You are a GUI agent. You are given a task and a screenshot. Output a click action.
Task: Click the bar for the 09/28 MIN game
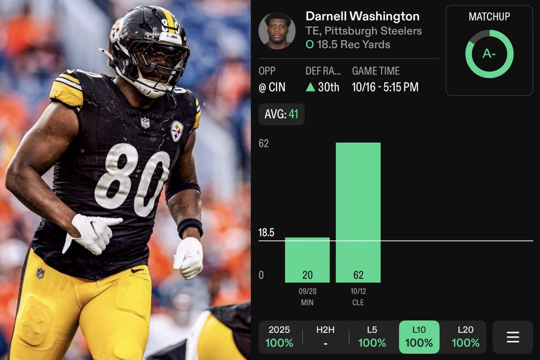click(x=307, y=260)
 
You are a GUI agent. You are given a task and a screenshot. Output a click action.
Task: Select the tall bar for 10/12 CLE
click(x=358, y=212)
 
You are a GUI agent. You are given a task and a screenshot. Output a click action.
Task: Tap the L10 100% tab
click(x=419, y=337)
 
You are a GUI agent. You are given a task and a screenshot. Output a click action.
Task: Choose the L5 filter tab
click(x=372, y=337)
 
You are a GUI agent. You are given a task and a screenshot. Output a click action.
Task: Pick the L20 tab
click(x=465, y=337)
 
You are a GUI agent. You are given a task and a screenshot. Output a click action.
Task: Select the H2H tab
click(x=325, y=337)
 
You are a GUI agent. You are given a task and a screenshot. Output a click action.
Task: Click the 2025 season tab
click(x=279, y=337)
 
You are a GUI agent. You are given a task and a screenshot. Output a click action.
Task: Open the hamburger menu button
click(x=513, y=337)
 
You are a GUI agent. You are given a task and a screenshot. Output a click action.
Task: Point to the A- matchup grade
click(x=489, y=54)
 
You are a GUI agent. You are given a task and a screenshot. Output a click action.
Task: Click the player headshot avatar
click(x=277, y=31)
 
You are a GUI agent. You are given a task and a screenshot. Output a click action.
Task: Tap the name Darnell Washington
click(x=363, y=16)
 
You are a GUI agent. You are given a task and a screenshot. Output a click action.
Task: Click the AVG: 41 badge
click(x=281, y=114)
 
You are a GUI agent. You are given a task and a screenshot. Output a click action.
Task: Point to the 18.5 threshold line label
click(x=266, y=233)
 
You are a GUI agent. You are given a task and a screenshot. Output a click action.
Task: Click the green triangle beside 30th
click(x=310, y=87)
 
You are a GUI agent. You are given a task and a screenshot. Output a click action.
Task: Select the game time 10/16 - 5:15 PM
click(x=385, y=87)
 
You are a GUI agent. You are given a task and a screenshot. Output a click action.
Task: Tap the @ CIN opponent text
click(x=272, y=87)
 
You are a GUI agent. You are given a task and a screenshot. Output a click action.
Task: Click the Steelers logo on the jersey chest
click(x=177, y=131)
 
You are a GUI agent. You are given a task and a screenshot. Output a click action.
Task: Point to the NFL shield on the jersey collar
click(x=145, y=122)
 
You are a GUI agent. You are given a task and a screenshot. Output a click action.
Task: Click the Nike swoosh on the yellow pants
click(x=137, y=270)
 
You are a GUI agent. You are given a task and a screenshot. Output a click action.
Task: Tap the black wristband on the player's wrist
click(x=190, y=228)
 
